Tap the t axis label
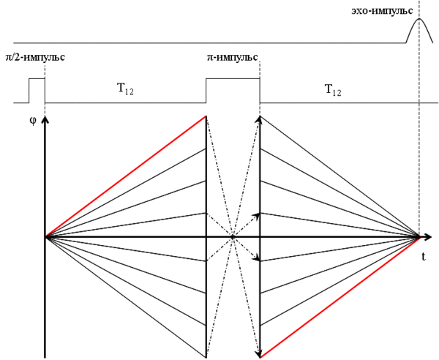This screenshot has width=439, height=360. (x=424, y=257)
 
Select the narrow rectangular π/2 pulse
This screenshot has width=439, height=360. (x=37, y=89)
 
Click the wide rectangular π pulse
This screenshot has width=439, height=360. (x=233, y=89)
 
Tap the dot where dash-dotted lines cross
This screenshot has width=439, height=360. (x=233, y=237)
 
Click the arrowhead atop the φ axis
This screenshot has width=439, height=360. (x=45, y=121)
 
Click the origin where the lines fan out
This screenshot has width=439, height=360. (x=45, y=237)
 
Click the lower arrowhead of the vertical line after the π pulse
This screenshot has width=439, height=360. (x=260, y=354)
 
